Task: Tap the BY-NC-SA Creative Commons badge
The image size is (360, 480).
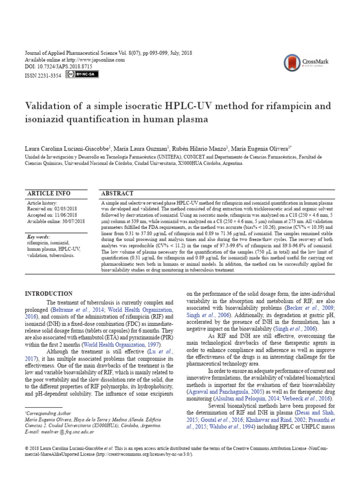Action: [82, 75]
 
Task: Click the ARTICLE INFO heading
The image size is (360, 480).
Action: [49, 193]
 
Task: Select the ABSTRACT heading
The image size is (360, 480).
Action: [117, 193]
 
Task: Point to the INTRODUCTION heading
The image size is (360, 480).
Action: [48, 294]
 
